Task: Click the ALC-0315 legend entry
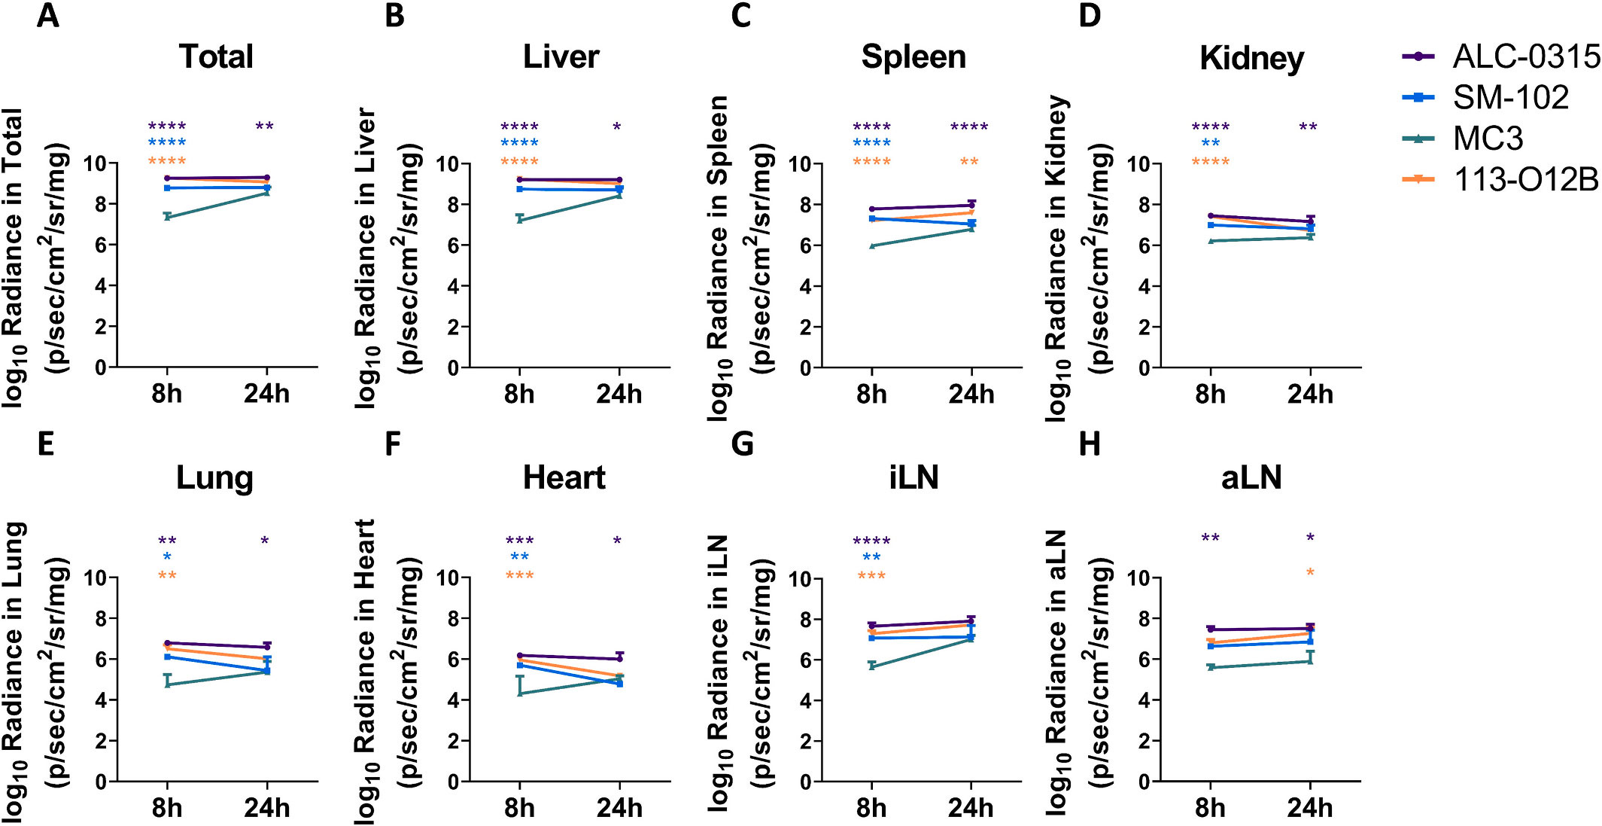coord(1525,56)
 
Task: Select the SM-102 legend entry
coord(1510,97)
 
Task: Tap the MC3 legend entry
coord(1488,138)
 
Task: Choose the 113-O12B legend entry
coord(1525,179)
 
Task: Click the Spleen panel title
coord(913,57)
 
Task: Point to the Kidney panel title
coord(1251,58)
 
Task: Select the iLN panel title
coord(913,477)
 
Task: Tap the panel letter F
coord(392,444)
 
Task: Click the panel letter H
coord(1090,444)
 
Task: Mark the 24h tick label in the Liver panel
coord(619,394)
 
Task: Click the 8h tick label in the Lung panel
coord(166,808)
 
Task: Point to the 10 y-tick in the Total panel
coord(95,163)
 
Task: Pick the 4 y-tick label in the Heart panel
coord(453,700)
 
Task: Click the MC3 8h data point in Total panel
coord(167,217)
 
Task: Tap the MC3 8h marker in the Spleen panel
coord(871,245)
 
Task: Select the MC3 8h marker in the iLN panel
coord(871,666)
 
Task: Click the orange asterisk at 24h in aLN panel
coord(1310,573)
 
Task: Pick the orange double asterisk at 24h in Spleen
coord(969,162)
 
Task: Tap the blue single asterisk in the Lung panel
coord(167,557)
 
